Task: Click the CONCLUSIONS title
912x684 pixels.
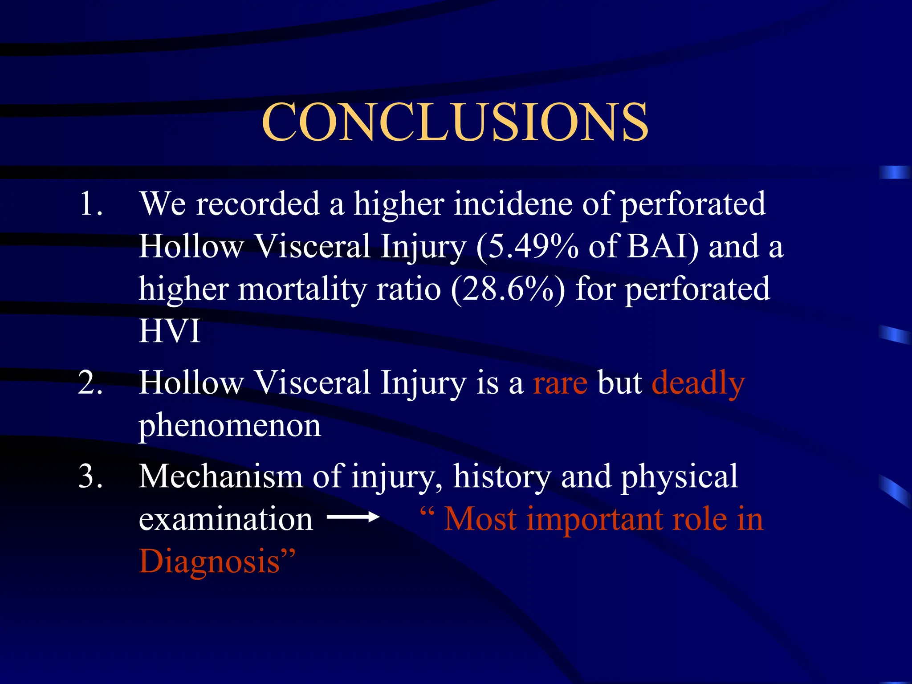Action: coord(455,122)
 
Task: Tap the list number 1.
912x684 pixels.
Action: coord(91,204)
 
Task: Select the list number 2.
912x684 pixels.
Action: coord(91,383)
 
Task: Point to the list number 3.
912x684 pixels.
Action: coord(91,476)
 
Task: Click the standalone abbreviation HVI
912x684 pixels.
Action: coord(169,331)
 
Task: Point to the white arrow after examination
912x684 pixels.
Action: coord(353,517)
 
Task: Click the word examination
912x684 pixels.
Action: coord(226,519)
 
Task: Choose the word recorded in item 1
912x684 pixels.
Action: coord(258,204)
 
